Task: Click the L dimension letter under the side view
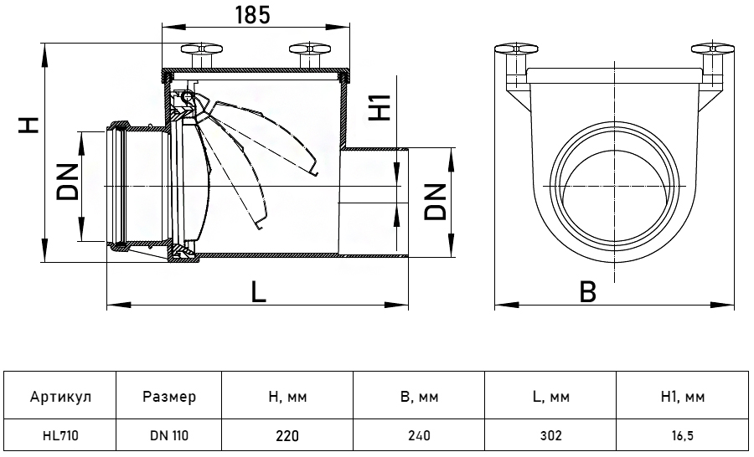(x=259, y=292)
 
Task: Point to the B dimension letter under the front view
(x=589, y=292)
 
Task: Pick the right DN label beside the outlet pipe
(x=435, y=201)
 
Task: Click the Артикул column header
(x=60, y=398)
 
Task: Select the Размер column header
(x=168, y=398)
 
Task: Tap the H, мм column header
(x=287, y=398)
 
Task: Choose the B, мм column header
(x=419, y=398)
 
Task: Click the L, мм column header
(x=550, y=398)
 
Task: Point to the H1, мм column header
(x=683, y=398)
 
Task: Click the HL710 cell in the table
(x=60, y=435)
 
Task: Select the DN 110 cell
(x=168, y=435)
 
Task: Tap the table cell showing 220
(x=287, y=435)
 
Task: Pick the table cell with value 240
(x=419, y=435)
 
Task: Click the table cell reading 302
(x=550, y=435)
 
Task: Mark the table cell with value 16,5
(x=683, y=435)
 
